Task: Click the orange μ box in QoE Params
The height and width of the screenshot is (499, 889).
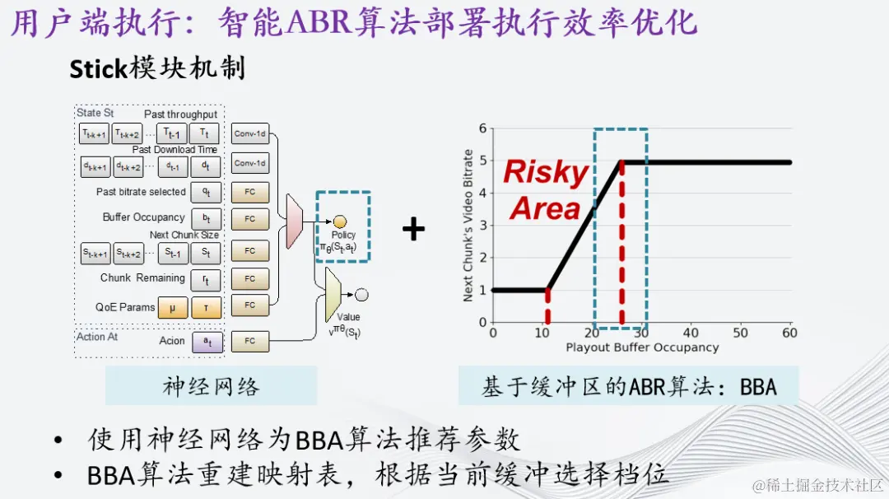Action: pos(173,307)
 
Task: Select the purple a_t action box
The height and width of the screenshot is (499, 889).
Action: pos(207,341)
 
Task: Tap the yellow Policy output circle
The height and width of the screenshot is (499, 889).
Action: pos(340,222)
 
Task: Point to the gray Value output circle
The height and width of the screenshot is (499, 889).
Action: pos(361,294)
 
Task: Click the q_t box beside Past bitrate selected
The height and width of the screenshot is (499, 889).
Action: pos(206,192)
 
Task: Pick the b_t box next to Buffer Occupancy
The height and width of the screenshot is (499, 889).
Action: pos(206,219)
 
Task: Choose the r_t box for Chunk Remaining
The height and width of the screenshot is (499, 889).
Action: pos(206,279)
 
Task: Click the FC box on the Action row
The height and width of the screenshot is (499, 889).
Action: pos(249,341)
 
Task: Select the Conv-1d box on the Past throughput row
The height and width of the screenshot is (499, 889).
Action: pos(249,133)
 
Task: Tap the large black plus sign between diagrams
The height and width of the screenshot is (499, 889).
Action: pos(413,229)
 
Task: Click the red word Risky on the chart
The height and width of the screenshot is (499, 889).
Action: pos(545,172)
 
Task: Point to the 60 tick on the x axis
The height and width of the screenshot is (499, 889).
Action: pos(790,333)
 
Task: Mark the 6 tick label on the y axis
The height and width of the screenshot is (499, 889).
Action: pos(483,128)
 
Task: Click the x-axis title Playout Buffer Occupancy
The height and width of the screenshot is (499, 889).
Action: pos(641,347)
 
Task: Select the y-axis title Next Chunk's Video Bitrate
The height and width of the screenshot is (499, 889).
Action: pos(468,225)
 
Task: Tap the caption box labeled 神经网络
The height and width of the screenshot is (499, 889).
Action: pos(211,386)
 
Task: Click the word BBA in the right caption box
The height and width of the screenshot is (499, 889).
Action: pos(756,386)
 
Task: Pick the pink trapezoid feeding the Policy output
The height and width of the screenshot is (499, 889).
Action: pos(294,222)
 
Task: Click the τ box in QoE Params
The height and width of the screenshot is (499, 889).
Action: pos(206,307)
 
